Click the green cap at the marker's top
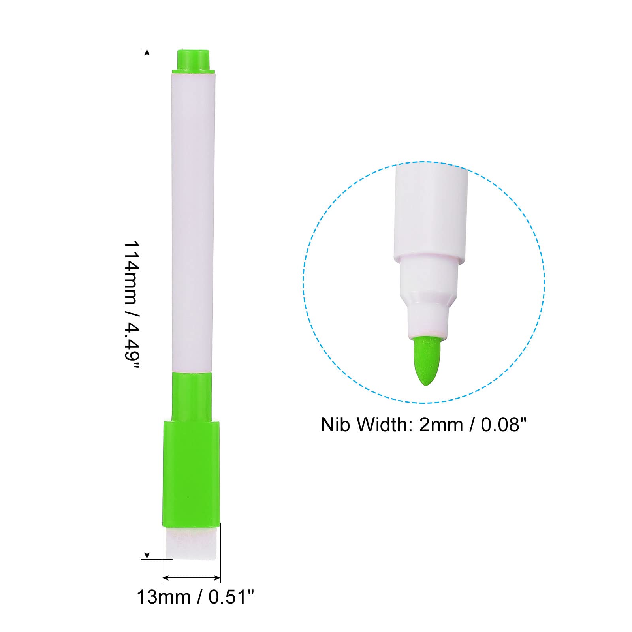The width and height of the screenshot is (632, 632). coord(193,60)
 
